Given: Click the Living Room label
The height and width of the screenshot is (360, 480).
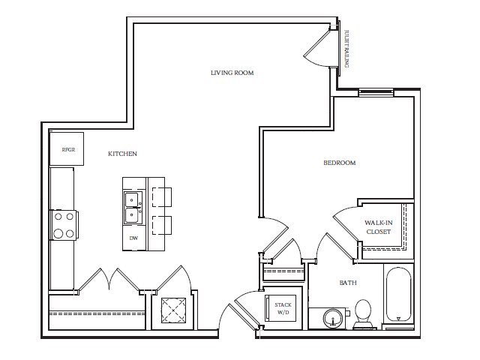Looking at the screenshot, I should coord(232,73).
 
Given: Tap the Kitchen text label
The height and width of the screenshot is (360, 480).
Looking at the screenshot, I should coord(122,154).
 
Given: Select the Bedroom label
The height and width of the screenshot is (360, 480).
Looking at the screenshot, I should coord(339,163).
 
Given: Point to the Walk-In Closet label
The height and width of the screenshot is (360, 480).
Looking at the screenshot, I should coord(378,227).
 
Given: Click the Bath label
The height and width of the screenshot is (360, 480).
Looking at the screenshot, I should coord(347,283).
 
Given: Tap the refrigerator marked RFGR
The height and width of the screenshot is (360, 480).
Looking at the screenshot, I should coord(67,149).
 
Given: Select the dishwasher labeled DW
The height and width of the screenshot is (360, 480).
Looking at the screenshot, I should coord(133,238).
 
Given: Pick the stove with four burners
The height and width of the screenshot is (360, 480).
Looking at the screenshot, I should coord(64,224).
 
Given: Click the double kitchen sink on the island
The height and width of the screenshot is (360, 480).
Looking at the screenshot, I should coord(132,208).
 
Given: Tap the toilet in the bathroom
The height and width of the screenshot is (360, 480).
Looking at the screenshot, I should coord(363,313).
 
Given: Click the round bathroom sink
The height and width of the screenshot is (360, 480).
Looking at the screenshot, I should coord(332,319).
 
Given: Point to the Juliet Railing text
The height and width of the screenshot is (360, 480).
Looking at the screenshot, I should coord(346,49).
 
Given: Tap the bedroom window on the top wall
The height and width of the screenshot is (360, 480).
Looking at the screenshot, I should coord(376,93).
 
